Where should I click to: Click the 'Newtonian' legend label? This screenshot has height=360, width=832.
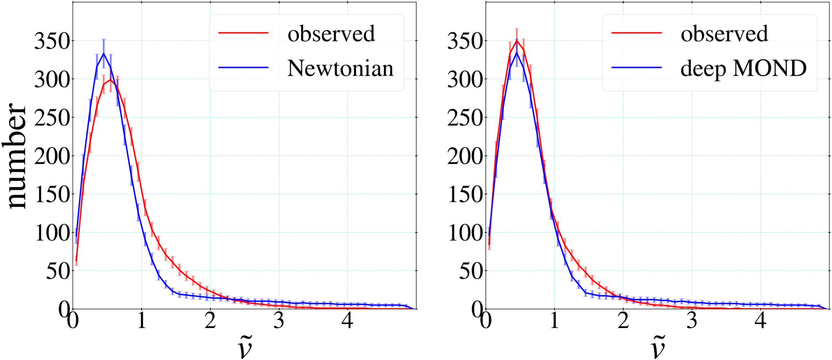point(340,68)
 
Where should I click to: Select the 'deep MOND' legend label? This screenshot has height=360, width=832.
point(744,68)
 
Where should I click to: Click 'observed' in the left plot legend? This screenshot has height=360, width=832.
point(331,34)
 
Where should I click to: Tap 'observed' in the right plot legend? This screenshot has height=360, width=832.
point(724,34)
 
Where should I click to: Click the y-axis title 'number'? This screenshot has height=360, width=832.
point(17,156)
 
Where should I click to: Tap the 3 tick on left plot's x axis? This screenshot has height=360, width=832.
point(279,321)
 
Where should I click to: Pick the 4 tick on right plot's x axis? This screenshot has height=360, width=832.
point(760,321)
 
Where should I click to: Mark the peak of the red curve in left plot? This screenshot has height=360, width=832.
point(110,79)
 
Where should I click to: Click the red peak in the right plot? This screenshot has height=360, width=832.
point(517,40)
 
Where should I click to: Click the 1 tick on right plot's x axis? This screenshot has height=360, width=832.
point(554,321)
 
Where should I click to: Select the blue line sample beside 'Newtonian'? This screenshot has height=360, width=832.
point(243,68)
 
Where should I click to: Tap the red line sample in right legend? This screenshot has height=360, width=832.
point(636,33)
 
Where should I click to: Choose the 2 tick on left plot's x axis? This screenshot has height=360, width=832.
point(210,321)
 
